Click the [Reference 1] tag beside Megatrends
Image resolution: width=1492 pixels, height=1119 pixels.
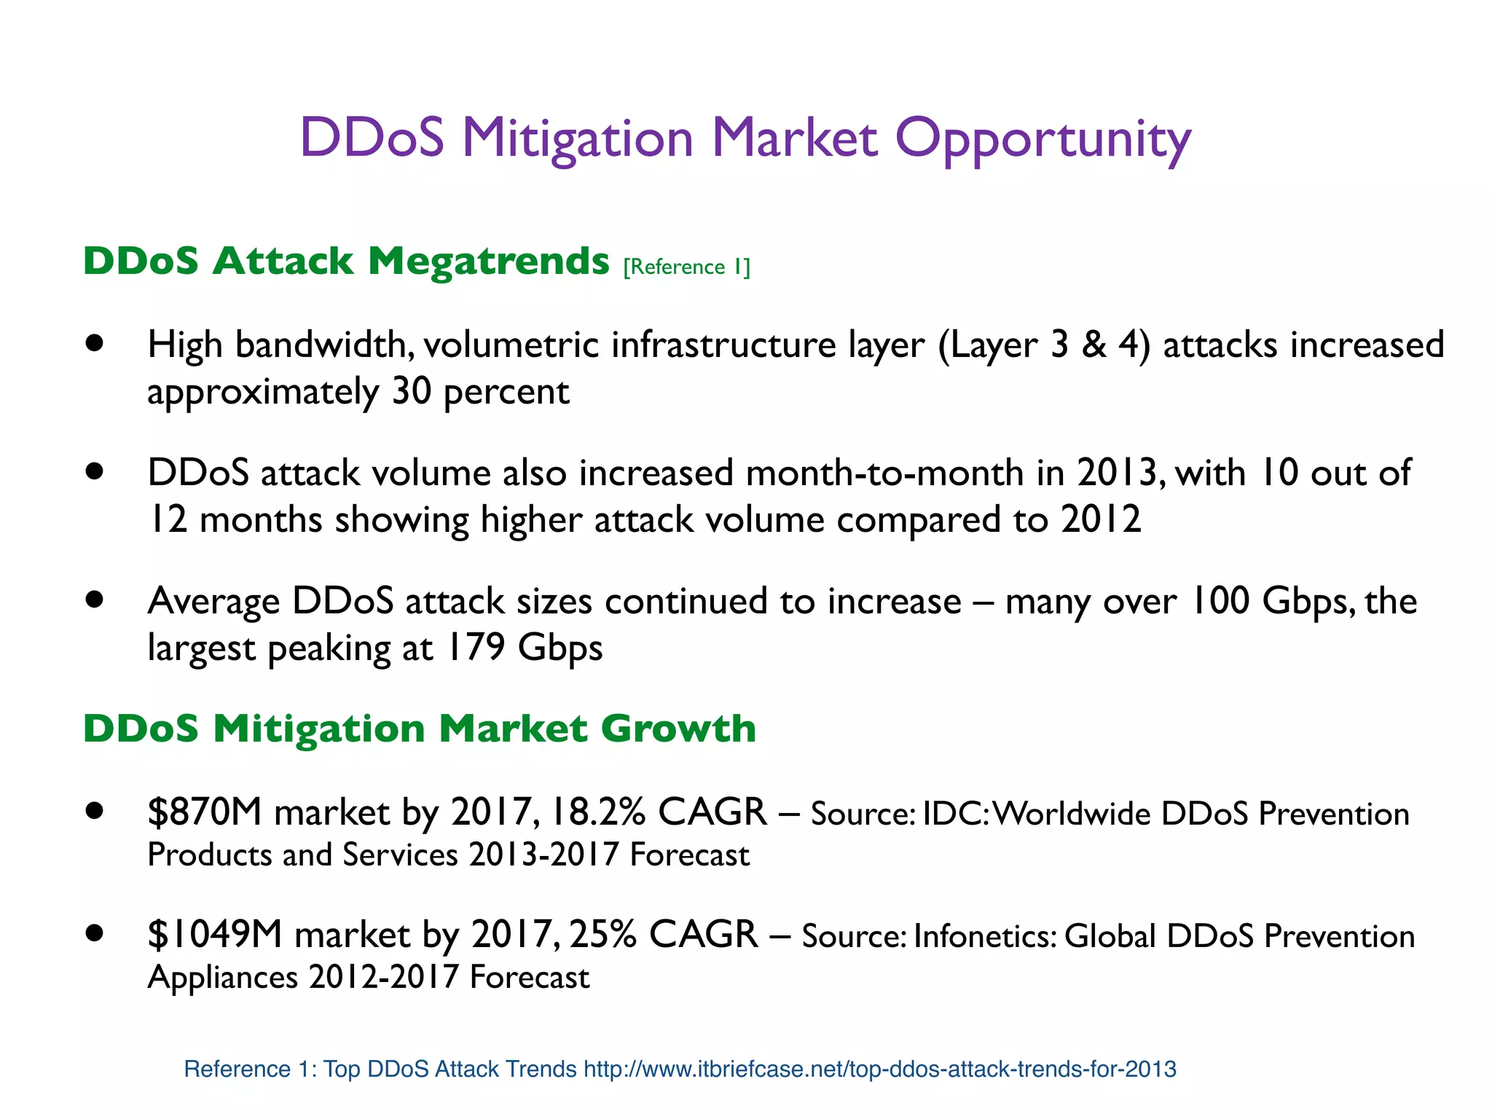(686, 267)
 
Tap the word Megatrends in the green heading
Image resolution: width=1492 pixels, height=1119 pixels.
(488, 261)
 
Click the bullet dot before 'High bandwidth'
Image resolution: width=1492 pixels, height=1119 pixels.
(94, 343)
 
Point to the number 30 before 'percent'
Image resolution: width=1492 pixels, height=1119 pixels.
(412, 391)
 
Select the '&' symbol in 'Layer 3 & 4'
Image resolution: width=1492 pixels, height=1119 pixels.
(1094, 345)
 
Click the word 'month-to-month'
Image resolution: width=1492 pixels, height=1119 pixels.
(884, 473)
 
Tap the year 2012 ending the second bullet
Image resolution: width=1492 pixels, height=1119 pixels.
(1100, 519)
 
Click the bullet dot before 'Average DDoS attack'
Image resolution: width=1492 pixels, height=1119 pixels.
(94, 600)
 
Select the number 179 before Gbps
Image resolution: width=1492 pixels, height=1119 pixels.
(475, 647)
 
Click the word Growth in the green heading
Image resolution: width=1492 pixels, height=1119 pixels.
(678, 729)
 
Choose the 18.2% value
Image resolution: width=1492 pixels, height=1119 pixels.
(598, 812)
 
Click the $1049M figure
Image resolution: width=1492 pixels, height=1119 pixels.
(214, 934)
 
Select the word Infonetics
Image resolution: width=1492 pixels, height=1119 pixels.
(984, 936)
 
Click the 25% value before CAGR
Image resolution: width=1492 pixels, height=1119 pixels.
(602, 934)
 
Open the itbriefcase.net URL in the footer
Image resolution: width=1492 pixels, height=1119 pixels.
(879, 1069)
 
